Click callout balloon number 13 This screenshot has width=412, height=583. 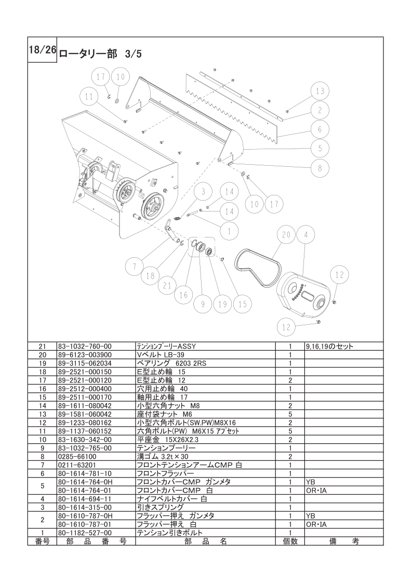tap(320, 91)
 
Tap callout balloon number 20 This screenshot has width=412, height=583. tap(286, 235)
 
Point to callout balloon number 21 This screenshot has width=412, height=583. tap(167, 286)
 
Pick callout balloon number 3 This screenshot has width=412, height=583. tap(203, 192)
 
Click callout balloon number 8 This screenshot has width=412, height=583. tap(320, 168)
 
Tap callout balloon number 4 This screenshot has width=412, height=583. tap(305, 235)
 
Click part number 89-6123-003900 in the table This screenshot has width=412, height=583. tap(85, 355)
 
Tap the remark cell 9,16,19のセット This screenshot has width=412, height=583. tap(329, 346)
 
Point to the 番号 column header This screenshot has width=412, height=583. tap(42, 541)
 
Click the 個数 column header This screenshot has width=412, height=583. tap(290, 541)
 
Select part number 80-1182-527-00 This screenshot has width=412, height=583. tap(85, 533)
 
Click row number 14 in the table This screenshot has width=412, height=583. tap(42, 406)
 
